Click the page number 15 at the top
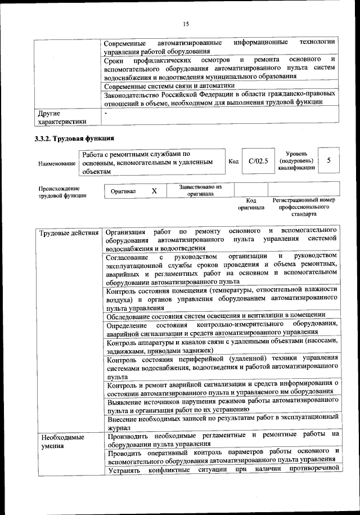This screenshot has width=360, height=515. tap(186, 24)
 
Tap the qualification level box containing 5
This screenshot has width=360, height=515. tap(328, 160)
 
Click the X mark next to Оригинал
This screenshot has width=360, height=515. tap(154, 191)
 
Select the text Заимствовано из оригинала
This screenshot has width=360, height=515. tap(201, 190)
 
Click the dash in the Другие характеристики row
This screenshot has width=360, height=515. tap(106, 113)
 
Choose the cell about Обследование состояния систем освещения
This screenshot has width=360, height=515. tap(215, 314)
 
